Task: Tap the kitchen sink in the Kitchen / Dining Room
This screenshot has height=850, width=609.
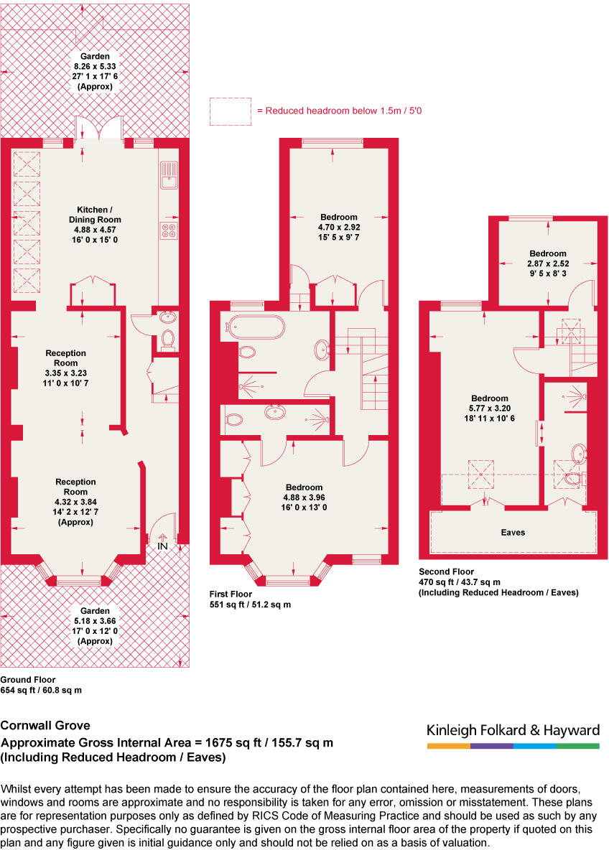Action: tap(169, 175)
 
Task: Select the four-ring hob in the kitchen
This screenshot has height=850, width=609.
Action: tap(169, 231)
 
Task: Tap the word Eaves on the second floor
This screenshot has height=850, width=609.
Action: tap(513, 533)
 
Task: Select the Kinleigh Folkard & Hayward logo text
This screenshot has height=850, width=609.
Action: tap(513, 731)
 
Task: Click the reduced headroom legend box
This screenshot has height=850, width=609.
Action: tap(230, 111)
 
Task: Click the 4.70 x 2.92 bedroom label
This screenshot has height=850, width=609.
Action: tap(338, 227)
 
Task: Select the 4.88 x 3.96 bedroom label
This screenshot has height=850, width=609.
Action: tap(304, 497)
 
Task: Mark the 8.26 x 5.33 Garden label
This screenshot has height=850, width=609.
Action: tap(95, 70)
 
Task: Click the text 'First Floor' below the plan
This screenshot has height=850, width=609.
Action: tap(229, 595)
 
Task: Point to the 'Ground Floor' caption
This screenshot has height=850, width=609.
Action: tap(27, 679)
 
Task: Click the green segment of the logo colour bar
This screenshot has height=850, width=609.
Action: tap(577, 747)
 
